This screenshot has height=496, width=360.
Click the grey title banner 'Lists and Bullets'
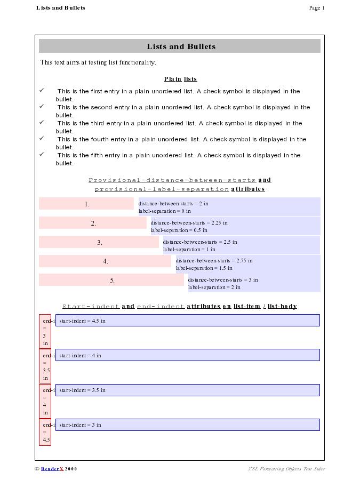[x=180, y=46]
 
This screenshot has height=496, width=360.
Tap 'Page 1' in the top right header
[x=316, y=7]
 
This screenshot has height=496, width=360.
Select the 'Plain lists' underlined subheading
[x=180, y=79]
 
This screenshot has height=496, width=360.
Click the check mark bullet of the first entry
[x=42, y=90]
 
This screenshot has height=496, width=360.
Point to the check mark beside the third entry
[x=42, y=122]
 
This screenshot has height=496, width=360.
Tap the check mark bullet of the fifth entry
[x=42, y=154]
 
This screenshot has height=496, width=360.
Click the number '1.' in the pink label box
[x=87, y=204]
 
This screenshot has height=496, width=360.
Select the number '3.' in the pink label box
[x=100, y=243]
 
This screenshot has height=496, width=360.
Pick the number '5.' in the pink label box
[x=113, y=281]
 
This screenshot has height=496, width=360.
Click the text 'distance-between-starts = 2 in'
[x=173, y=203]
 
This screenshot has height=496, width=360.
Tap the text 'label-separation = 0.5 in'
[x=179, y=230]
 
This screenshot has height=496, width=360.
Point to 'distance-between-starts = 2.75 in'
[x=214, y=261]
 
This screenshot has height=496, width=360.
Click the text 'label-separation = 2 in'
[x=214, y=287]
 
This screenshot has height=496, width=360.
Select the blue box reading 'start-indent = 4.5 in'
[x=187, y=321]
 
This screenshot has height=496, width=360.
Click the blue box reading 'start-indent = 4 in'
[x=187, y=355]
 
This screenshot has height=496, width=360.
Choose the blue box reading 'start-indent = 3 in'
[x=187, y=425]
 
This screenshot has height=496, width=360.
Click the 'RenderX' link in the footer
[x=52, y=469]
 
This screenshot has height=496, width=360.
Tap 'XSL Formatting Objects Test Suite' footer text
[x=286, y=469]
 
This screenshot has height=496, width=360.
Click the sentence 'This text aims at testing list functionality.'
[x=98, y=62]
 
